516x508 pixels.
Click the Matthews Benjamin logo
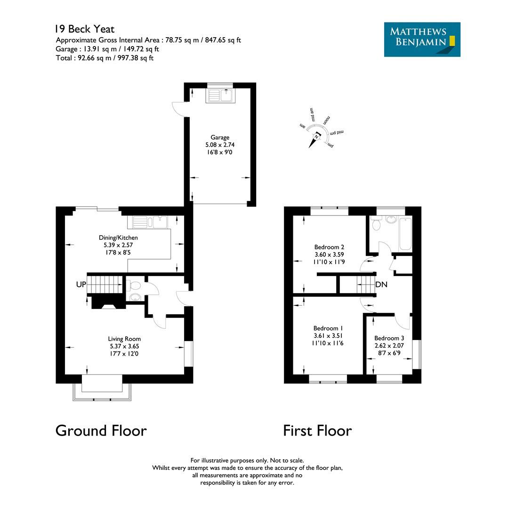tap(422, 40)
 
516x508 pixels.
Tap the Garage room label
tap(220, 137)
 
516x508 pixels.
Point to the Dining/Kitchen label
tap(118, 238)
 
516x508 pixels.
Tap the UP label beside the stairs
tap(81, 285)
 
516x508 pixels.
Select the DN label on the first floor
tap(381, 285)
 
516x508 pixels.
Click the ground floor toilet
tap(134, 286)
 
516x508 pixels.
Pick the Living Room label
tap(124, 339)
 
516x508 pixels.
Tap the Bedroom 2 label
tap(329, 247)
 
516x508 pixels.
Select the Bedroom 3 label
tap(389, 338)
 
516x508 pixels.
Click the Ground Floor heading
tap(101, 430)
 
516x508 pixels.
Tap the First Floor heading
tap(317, 430)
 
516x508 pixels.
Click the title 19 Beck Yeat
tap(84, 30)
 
